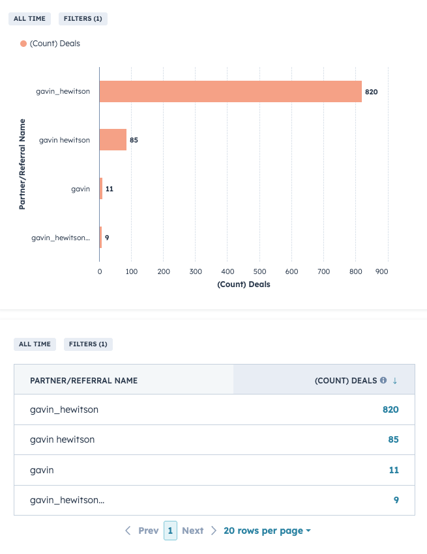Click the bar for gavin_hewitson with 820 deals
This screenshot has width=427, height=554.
(x=230, y=92)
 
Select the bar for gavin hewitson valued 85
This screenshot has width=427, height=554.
(x=113, y=140)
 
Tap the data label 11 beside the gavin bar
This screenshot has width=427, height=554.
(x=110, y=189)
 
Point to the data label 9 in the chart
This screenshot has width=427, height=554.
(x=107, y=238)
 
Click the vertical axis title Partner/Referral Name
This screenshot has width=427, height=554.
(x=22, y=163)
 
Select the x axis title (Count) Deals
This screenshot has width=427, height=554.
(x=243, y=284)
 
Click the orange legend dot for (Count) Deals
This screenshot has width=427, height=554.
(x=23, y=44)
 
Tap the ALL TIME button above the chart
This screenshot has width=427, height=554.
(x=30, y=19)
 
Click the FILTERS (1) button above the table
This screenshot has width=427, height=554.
(x=88, y=344)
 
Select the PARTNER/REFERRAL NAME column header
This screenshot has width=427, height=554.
(x=83, y=380)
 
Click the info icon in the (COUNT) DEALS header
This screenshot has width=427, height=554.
(x=383, y=380)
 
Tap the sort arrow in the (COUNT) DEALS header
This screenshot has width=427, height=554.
(x=394, y=380)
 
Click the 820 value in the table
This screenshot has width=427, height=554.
(x=390, y=409)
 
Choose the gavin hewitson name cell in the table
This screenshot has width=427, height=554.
(x=63, y=439)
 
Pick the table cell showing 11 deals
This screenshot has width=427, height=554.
(x=393, y=469)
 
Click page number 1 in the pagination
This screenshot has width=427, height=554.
(x=170, y=531)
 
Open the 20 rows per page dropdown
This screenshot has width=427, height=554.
(x=267, y=531)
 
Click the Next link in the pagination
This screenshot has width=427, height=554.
(x=193, y=531)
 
